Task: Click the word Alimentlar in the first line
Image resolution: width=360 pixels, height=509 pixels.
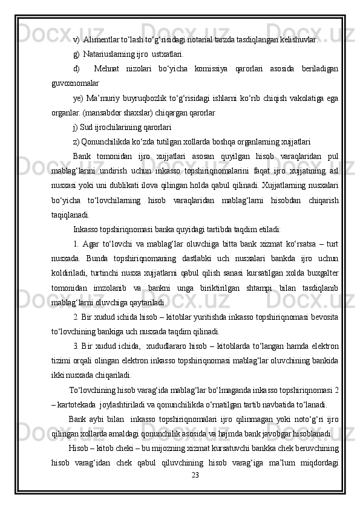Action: pos(102,40)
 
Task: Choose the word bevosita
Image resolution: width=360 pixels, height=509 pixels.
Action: pos(321,316)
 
